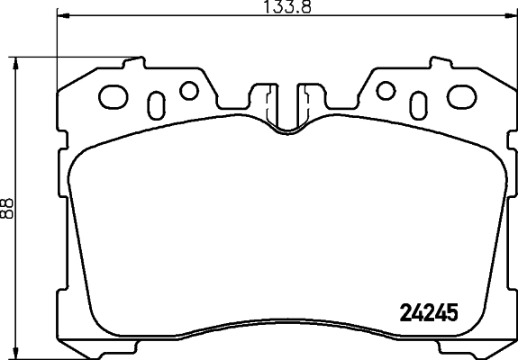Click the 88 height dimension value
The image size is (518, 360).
(x=8, y=207)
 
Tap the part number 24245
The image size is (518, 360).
(x=429, y=313)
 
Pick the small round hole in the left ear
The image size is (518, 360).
(x=188, y=90)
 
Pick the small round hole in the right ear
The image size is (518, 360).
(x=386, y=90)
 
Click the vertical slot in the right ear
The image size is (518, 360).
(x=417, y=101)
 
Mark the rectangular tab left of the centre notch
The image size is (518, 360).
(x=266, y=97)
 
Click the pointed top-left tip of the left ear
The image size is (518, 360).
(x=140, y=59)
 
